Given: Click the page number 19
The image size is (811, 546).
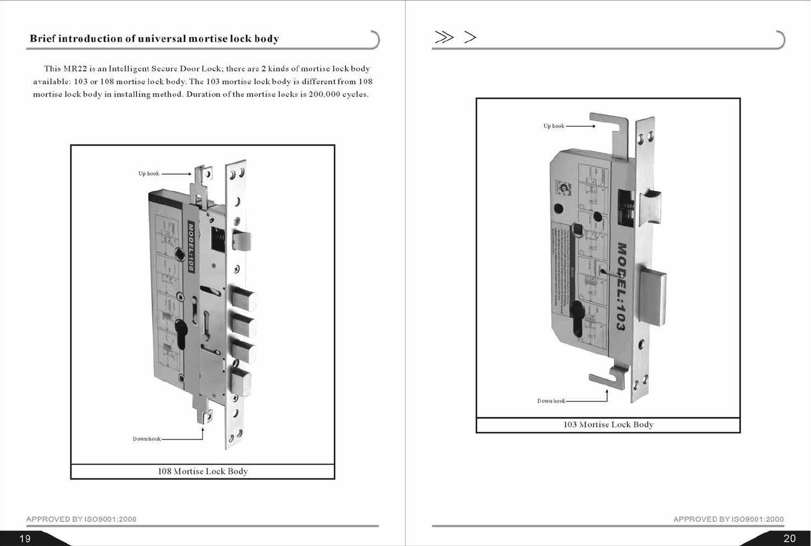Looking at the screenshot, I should click(x=25, y=538).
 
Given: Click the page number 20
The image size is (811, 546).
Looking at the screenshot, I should click(x=790, y=538).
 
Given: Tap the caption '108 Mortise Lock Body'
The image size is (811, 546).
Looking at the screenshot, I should click(x=203, y=471).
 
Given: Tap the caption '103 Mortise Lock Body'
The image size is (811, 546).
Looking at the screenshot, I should click(x=608, y=425).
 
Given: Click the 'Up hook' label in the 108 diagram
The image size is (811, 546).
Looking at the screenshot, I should click(x=148, y=174).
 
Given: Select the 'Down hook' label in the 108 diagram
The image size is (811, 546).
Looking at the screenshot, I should click(x=147, y=439).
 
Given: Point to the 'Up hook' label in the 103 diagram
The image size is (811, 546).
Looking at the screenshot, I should click(x=554, y=126).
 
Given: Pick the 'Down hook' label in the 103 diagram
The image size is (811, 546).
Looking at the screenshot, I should click(x=551, y=401).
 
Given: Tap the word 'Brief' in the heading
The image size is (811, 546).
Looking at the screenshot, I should click(x=42, y=38).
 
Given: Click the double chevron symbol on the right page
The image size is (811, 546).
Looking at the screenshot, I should click(x=444, y=37).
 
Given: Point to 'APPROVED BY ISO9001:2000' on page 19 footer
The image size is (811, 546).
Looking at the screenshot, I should click(x=81, y=519).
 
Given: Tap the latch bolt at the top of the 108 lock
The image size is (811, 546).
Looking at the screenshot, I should click(x=242, y=241).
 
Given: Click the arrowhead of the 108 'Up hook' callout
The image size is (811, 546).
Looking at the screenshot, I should click(x=190, y=174).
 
